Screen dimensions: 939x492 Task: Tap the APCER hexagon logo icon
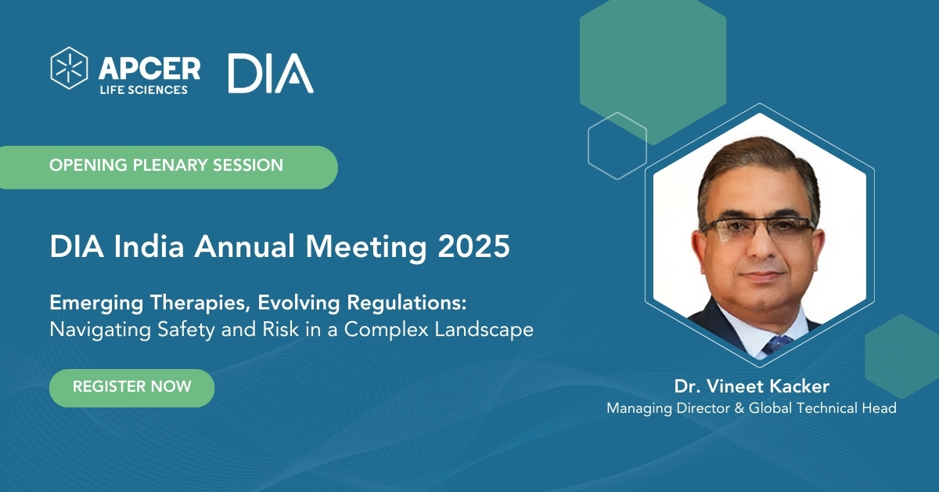[x=69, y=68]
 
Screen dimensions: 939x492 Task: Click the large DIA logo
[x=271, y=73]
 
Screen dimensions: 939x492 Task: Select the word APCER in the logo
[x=149, y=68]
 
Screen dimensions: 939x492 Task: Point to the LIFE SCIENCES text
[x=144, y=90]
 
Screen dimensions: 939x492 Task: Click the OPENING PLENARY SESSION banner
[x=168, y=167]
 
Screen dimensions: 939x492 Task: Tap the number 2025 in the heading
[x=473, y=246]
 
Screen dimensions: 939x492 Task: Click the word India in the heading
[x=149, y=246]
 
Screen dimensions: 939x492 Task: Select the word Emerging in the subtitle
[x=96, y=303]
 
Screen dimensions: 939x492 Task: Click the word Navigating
[x=100, y=330]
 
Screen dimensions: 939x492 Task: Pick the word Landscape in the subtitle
[x=484, y=330]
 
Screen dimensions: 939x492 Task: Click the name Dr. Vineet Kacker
[x=752, y=387]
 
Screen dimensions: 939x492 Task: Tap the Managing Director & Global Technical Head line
[x=752, y=408]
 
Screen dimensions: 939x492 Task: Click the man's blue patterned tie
[x=777, y=344]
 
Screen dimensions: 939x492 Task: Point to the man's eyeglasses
[x=758, y=230]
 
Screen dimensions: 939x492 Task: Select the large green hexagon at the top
[x=653, y=71]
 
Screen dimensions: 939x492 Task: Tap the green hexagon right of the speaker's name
[x=901, y=356]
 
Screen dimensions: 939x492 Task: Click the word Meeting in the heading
[x=366, y=246]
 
